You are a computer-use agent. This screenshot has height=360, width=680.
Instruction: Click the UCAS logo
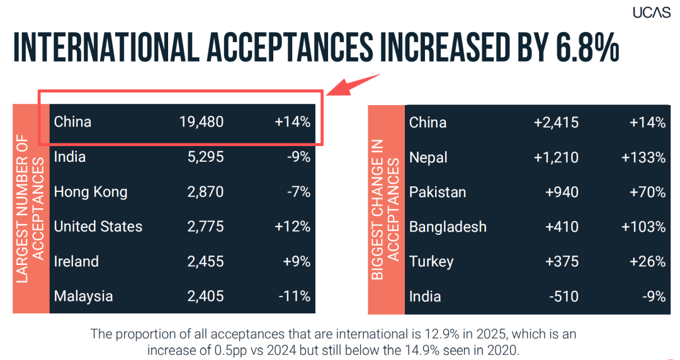652,12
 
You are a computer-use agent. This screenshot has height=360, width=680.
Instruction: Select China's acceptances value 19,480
201,122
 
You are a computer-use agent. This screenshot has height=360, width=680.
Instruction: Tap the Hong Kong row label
91,192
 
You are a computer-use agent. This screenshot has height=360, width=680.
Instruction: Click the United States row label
98,227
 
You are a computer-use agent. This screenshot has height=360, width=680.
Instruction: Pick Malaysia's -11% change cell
295,296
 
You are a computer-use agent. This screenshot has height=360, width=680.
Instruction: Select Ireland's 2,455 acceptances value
205,262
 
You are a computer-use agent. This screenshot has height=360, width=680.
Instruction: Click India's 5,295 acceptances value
205,157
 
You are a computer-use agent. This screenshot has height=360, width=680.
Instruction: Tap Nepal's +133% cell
643,157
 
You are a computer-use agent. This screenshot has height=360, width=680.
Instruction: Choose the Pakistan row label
438,192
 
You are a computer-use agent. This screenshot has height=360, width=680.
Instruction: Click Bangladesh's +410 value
562,227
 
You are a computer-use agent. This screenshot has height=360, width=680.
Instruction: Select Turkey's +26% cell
647,262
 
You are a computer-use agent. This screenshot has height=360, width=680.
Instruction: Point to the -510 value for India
564,296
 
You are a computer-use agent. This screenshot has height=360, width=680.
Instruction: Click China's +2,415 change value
556,123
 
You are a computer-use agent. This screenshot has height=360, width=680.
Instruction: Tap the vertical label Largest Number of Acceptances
30,208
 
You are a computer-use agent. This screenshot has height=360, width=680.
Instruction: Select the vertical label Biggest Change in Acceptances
385,210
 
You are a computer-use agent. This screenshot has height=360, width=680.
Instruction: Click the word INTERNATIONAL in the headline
106,46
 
